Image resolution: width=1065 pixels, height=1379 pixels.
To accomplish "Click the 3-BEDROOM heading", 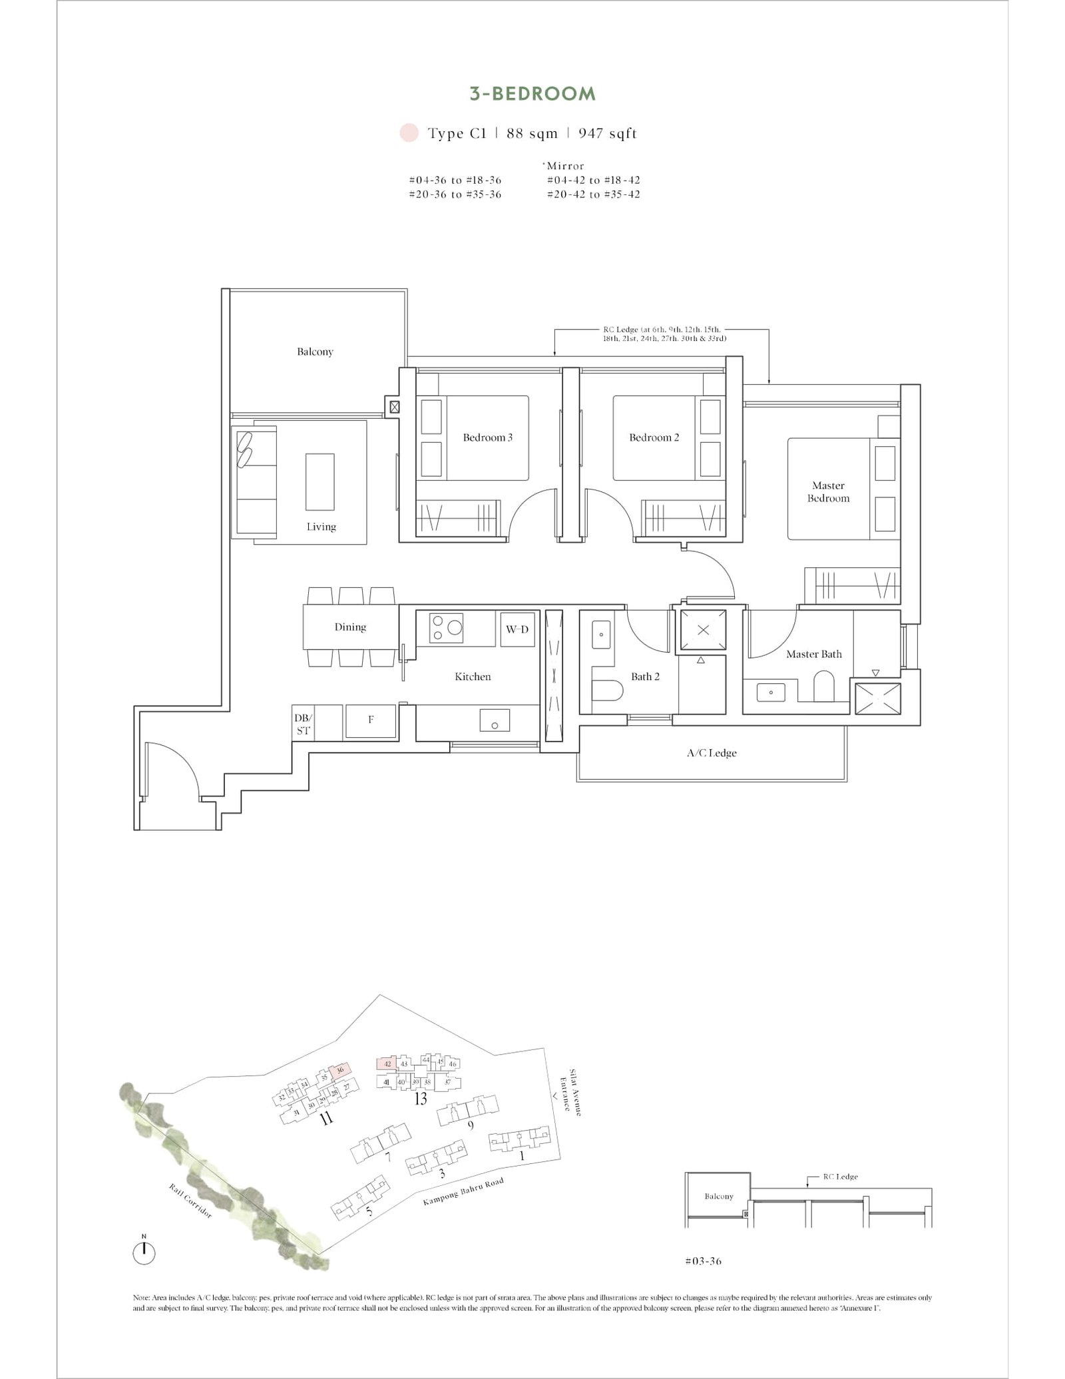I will pos(532,94).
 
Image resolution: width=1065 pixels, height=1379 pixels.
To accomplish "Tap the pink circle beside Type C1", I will pos(409,133).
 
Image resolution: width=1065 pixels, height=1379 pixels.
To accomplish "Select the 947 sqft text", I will pos(607,134).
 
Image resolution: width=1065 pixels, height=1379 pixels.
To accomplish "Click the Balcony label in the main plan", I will pos(315,352).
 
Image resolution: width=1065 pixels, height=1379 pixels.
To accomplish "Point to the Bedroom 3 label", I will pos(487,437).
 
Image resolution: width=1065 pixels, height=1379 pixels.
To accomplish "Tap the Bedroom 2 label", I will pos(654,437).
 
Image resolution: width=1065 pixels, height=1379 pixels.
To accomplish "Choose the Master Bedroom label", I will pos(828,492).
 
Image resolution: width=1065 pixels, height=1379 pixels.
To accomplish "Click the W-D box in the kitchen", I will pos(517,629).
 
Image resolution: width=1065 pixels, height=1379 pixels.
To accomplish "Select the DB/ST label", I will pos(303,724).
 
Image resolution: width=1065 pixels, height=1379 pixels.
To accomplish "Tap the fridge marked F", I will pos(371,720).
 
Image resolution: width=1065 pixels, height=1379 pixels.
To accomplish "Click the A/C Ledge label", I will pos(712,753).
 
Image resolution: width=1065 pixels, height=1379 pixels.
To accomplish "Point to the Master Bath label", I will pos(813,655).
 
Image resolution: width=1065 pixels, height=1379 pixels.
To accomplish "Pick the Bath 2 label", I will pos(645,677).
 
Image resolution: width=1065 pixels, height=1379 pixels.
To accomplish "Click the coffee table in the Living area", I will pos(320,481).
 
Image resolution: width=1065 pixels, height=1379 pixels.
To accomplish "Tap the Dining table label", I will pos(350,627).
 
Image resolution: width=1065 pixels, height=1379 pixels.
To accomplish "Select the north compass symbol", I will pos(144,1253).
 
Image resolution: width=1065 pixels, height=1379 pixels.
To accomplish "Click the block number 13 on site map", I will pos(420,1099).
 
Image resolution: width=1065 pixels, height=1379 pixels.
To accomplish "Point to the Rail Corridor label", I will pos(190,1202).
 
